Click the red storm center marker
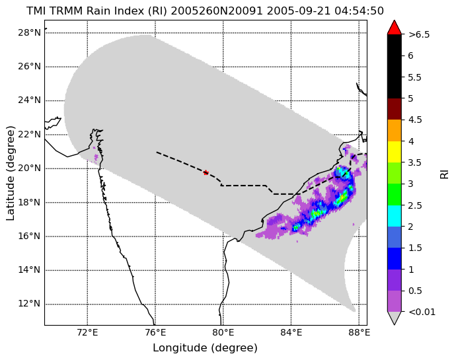(x=206, y=172)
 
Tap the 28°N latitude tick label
(x=29, y=32)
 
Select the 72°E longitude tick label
(x=87, y=332)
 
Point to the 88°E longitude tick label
(x=359, y=332)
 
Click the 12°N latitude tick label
(x=29, y=304)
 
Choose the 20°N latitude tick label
(x=29, y=168)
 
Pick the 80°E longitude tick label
(x=223, y=332)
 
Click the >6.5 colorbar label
(x=419, y=34)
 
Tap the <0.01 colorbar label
(x=422, y=312)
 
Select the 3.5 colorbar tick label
(x=415, y=162)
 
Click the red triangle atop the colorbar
(x=395, y=27)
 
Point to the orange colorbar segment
(x=395, y=130)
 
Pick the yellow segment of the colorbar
(x=395, y=152)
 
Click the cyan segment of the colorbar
(x=395, y=216)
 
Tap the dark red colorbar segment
(x=395, y=109)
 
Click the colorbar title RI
(x=444, y=175)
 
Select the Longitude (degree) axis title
(x=205, y=348)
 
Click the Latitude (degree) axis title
(x=10, y=173)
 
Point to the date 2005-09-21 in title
(x=299, y=11)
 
